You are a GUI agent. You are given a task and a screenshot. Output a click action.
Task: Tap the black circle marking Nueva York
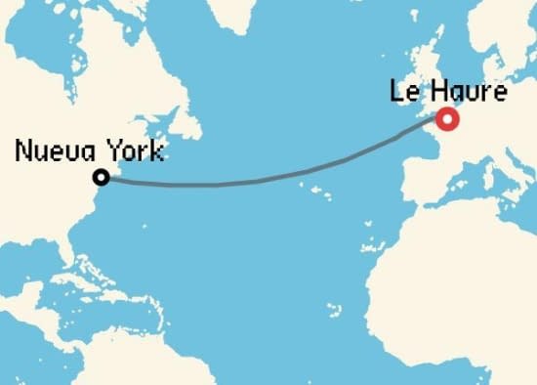[101, 177]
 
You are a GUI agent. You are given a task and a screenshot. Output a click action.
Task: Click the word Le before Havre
[402, 95]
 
